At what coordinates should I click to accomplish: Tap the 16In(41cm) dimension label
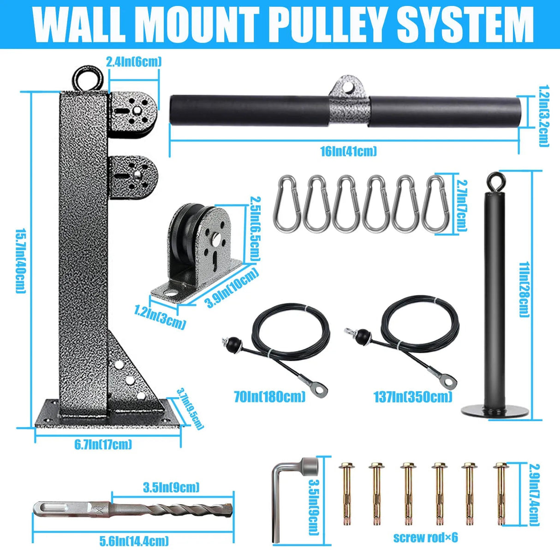click(x=349, y=151)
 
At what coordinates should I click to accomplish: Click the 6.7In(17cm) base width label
click(x=103, y=444)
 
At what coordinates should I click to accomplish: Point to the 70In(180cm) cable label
click(x=270, y=396)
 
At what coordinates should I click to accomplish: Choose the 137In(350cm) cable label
click(x=413, y=396)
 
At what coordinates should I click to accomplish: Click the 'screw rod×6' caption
click(x=425, y=537)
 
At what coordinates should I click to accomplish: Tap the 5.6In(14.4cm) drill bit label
click(x=134, y=541)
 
